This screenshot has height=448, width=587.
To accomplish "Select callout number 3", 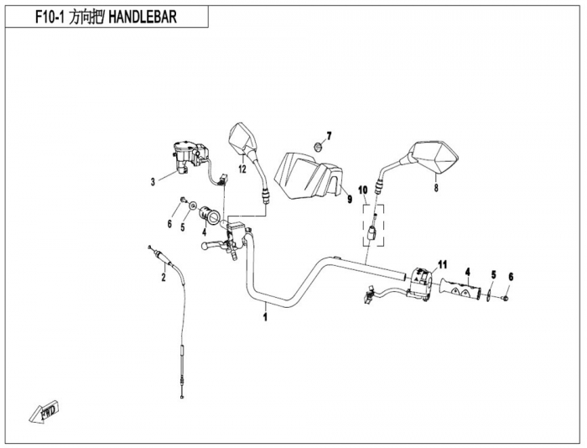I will [153, 181].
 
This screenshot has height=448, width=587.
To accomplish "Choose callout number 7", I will [330, 135].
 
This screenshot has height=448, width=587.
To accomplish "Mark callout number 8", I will [436, 190].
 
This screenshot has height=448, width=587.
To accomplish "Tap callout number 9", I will [346, 200].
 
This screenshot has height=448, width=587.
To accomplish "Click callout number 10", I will [363, 190].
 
